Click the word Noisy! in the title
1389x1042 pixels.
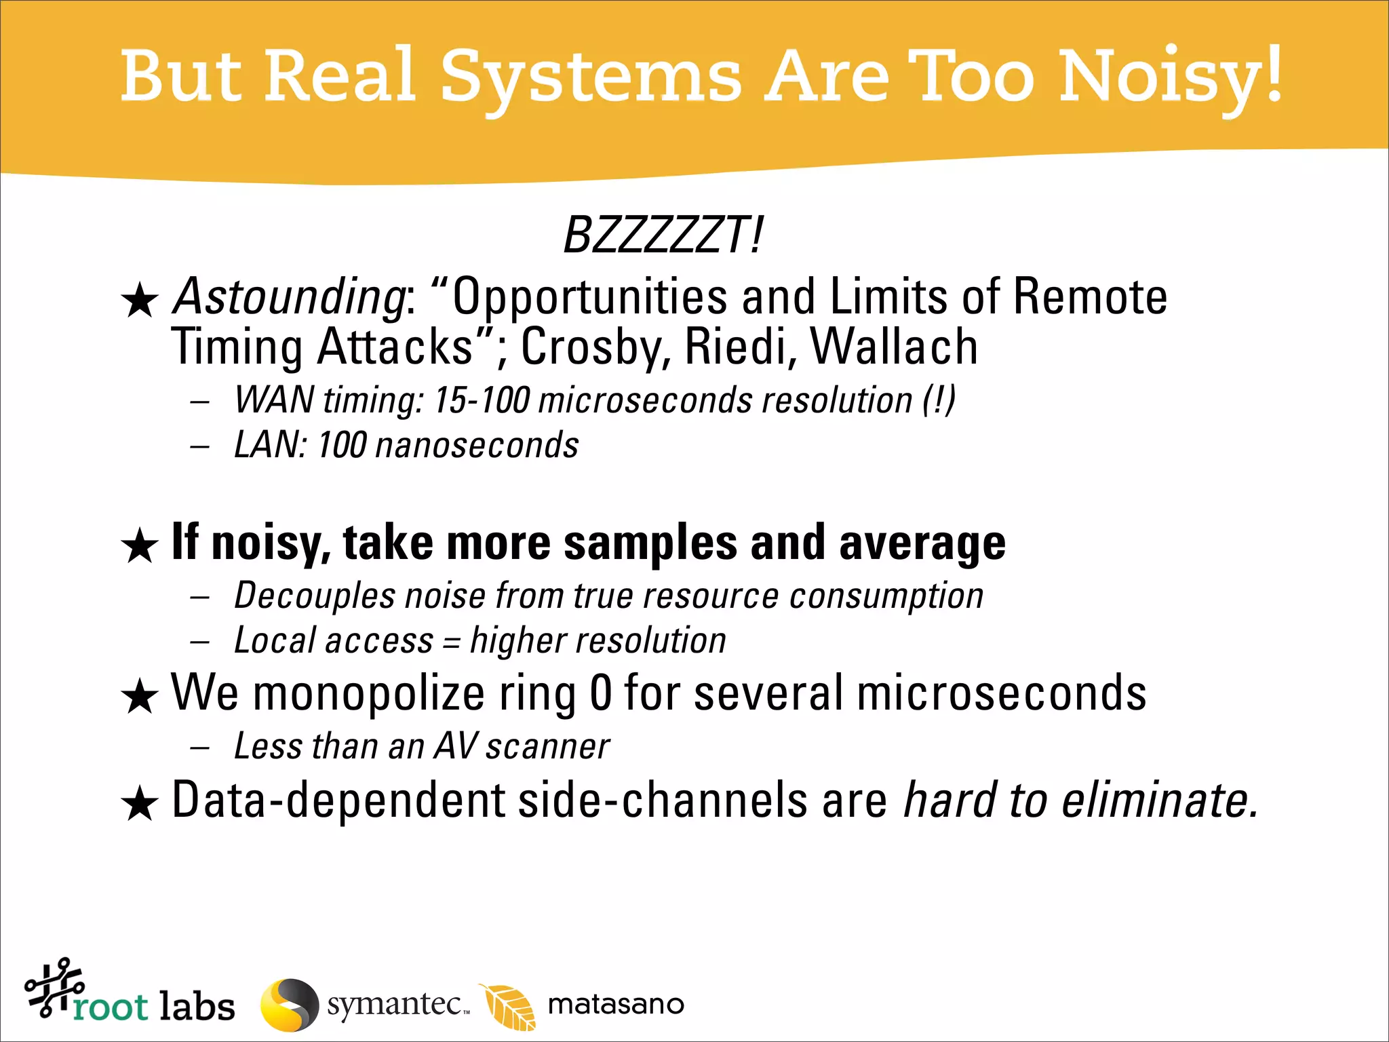tap(1170, 76)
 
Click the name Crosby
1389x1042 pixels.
tap(593, 347)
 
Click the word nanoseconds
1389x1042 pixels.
tap(477, 446)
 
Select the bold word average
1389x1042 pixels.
tap(922, 543)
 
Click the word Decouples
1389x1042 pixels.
tap(314, 596)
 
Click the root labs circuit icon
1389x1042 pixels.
tap(54, 987)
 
